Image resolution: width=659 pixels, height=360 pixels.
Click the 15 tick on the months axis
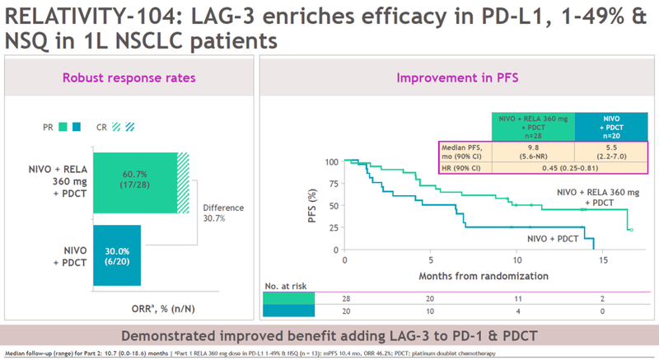(604, 259)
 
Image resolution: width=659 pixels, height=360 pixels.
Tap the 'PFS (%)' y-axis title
(311, 204)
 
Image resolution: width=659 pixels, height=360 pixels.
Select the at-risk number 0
(604, 312)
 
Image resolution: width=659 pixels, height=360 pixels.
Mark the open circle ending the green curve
(631, 230)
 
